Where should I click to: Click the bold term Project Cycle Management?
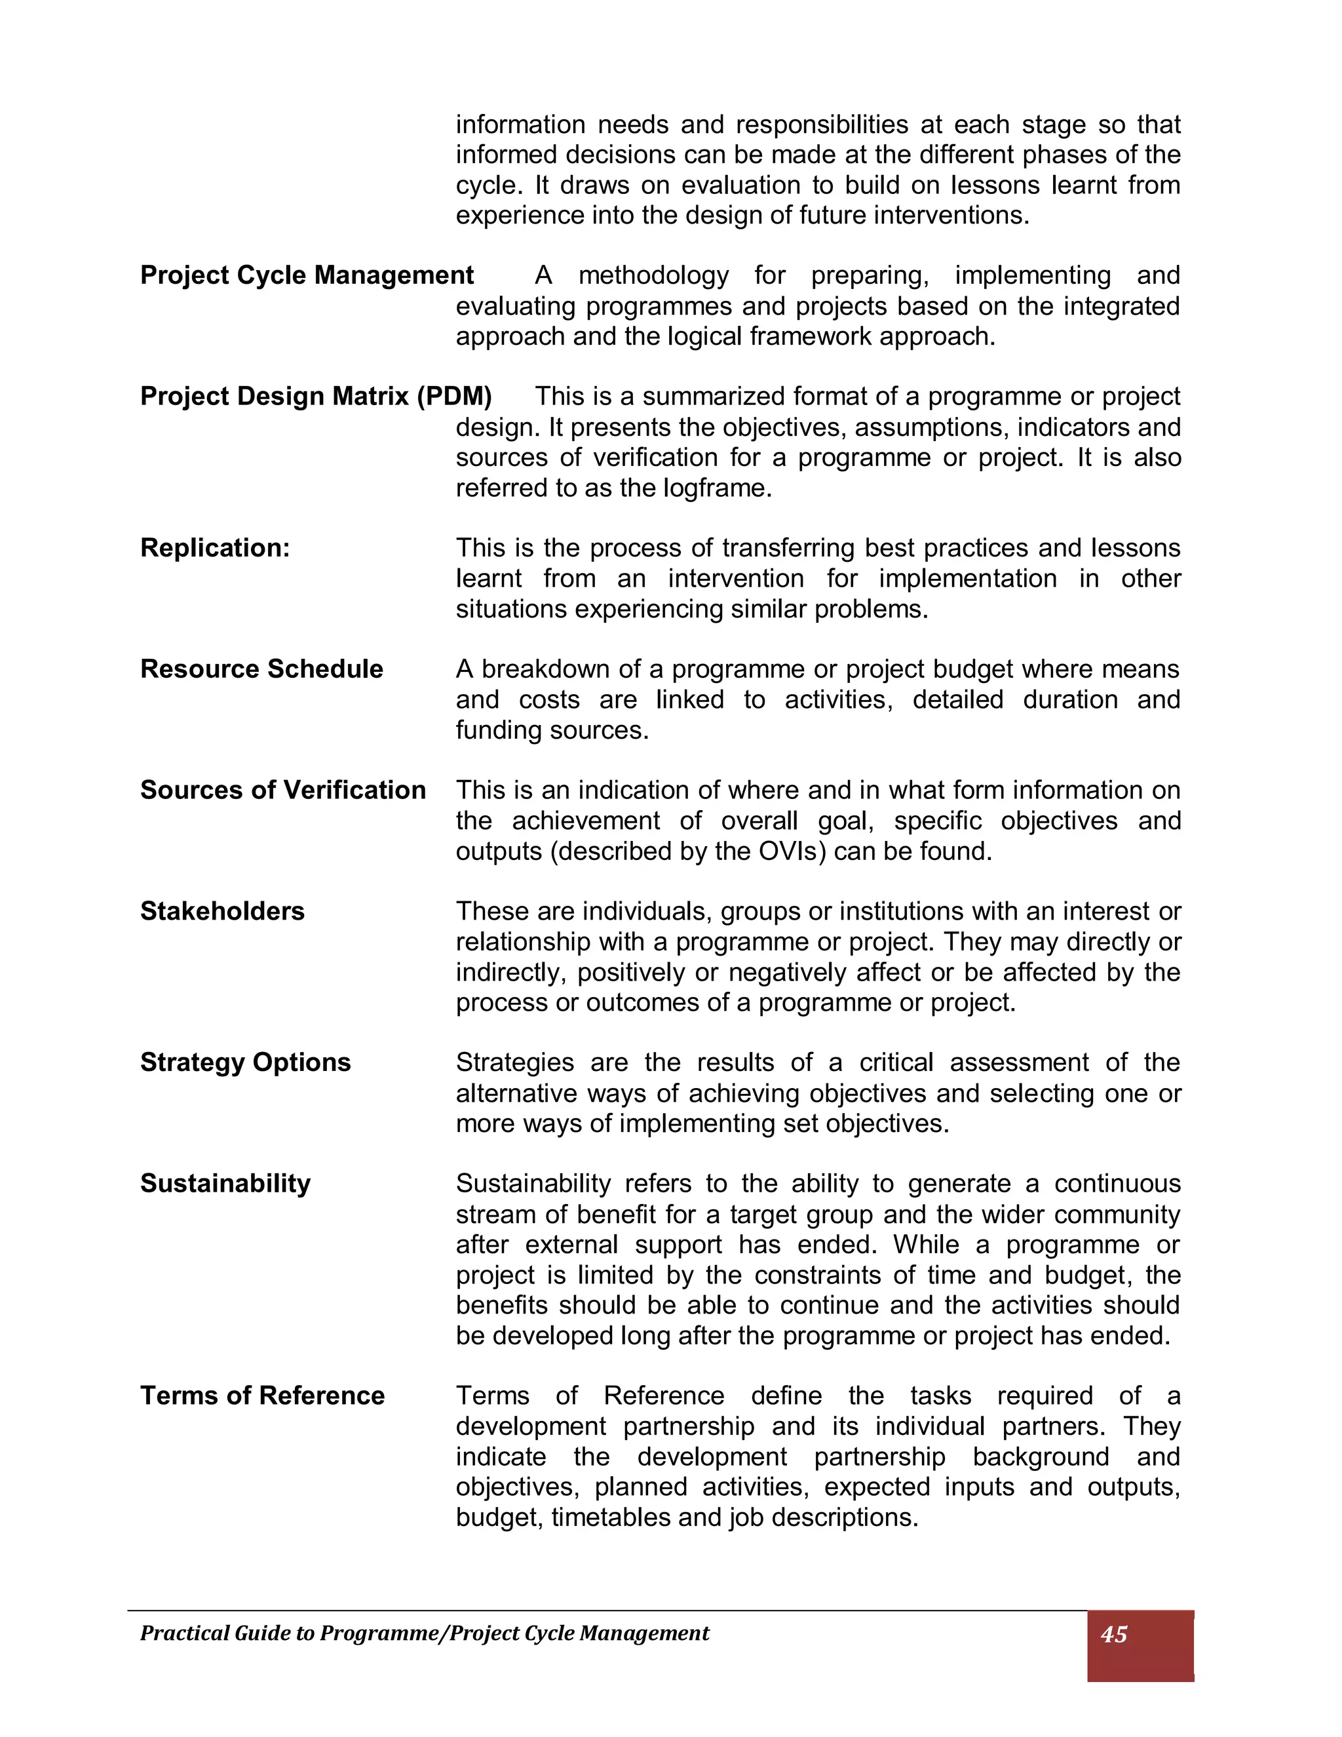(x=307, y=275)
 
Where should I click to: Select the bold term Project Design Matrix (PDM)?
(x=316, y=396)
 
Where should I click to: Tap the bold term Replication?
(x=215, y=548)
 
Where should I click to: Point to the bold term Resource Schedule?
(x=261, y=669)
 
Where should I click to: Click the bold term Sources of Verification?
(x=283, y=790)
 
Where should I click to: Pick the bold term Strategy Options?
(x=245, y=1063)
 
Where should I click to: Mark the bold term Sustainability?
(x=225, y=1183)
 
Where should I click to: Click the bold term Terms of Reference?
(x=262, y=1395)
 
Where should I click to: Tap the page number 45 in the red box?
(x=1114, y=1634)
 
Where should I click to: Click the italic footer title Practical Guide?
(x=424, y=1633)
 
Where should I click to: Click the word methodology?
(x=653, y=276)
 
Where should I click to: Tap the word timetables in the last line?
(x=610, y=1517)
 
